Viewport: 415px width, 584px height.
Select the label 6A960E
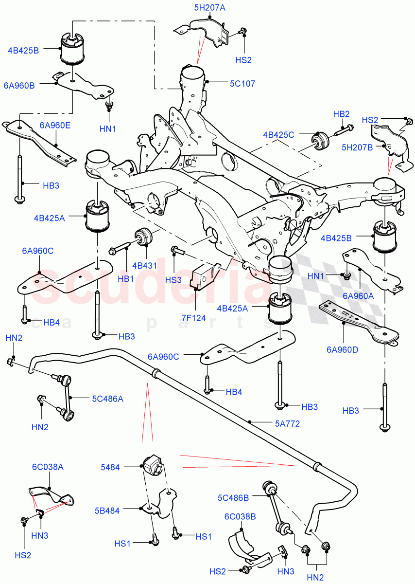tap(55, 125)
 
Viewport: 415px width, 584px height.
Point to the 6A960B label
tap(19, 86)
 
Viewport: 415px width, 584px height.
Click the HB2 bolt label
tap(341, 114)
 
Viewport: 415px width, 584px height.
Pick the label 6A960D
tap(343, 349)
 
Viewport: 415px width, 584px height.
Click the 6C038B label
tap(240, 516)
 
